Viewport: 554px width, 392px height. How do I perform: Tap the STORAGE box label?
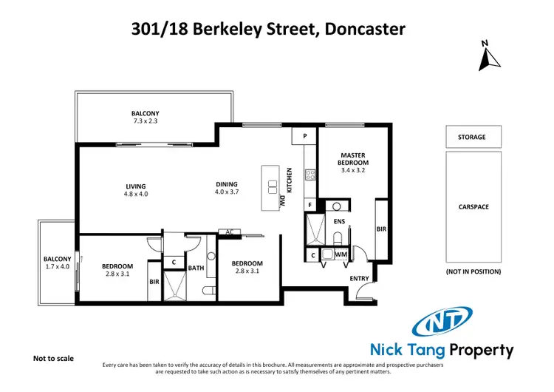point(473,137)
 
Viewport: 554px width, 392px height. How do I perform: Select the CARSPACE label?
point(473,207)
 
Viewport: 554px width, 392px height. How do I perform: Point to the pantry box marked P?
point(304,137)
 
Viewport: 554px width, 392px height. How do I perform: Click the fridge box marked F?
point(310,204)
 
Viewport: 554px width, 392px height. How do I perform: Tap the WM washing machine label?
point(341,255)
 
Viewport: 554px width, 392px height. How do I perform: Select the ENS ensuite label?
point(340,221)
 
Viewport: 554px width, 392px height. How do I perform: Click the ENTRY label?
point(360,278)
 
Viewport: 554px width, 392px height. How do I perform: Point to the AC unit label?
point(230,232)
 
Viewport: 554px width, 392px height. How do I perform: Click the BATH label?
point(196,268)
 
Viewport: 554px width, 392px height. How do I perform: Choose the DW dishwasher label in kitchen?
point(282,200)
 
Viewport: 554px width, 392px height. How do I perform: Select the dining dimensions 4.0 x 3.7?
point(227,192)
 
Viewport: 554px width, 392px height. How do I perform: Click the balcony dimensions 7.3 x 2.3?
point(146,121)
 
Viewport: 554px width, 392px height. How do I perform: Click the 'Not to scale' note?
point(54,358)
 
